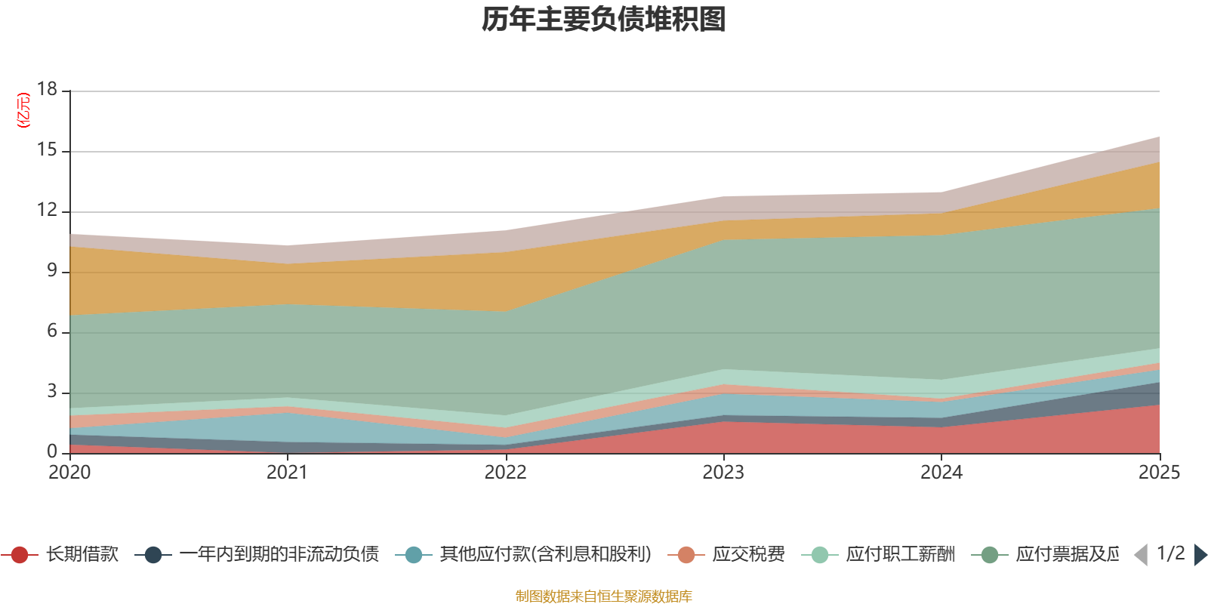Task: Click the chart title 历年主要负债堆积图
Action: (x=604, y=20)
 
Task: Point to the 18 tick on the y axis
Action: (x=48, y=89)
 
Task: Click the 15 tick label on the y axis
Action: (x=48, y=150)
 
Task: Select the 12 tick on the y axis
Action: (x=48, y=211)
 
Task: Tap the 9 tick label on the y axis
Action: (x=52, y=271)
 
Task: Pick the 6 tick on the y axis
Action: (x=52, y=331)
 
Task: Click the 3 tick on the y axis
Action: (x=52, y=392)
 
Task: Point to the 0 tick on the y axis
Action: (x=52, y=451)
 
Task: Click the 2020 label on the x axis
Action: (x=69, y=473)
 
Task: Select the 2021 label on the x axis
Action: (x=288, y=473)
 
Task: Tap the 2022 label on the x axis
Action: (x=505, y=473)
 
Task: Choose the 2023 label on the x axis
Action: (x=723, y=473)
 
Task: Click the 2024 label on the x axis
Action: (x=941, y=473)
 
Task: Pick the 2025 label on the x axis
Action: (x=1158, y=473)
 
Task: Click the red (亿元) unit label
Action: (x=23, y=110)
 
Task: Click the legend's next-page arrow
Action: (x=1200, y=555)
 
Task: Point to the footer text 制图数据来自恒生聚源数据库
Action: (x=604, y=596)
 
